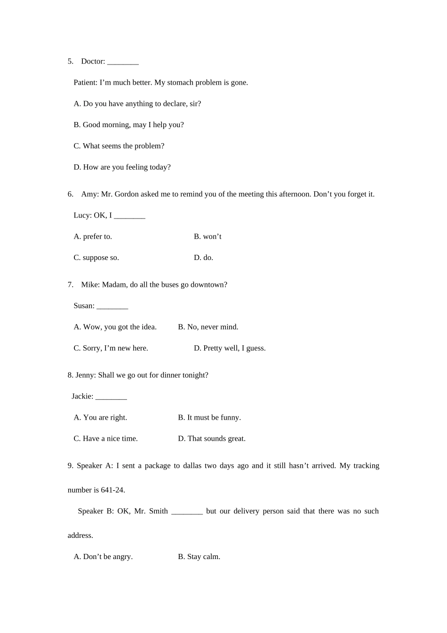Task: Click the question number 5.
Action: point(70,62)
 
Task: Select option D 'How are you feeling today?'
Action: point(122,167)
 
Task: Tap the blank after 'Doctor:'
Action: point(123,62)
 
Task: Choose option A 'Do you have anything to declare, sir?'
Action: point(137,104)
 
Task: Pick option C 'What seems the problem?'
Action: point(119,146)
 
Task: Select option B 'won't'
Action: point(208,236)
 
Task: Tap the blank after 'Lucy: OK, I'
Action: point(129,216)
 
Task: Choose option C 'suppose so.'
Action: point(96,258)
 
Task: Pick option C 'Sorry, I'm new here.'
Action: point(111,349)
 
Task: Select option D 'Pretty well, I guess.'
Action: point(230,349)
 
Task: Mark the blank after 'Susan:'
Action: point(112,307)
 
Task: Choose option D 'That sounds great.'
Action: point(211,439)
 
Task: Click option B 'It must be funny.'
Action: point(209,418)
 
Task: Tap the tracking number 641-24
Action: point(112,490)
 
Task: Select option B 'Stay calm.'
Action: point(199,557)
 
